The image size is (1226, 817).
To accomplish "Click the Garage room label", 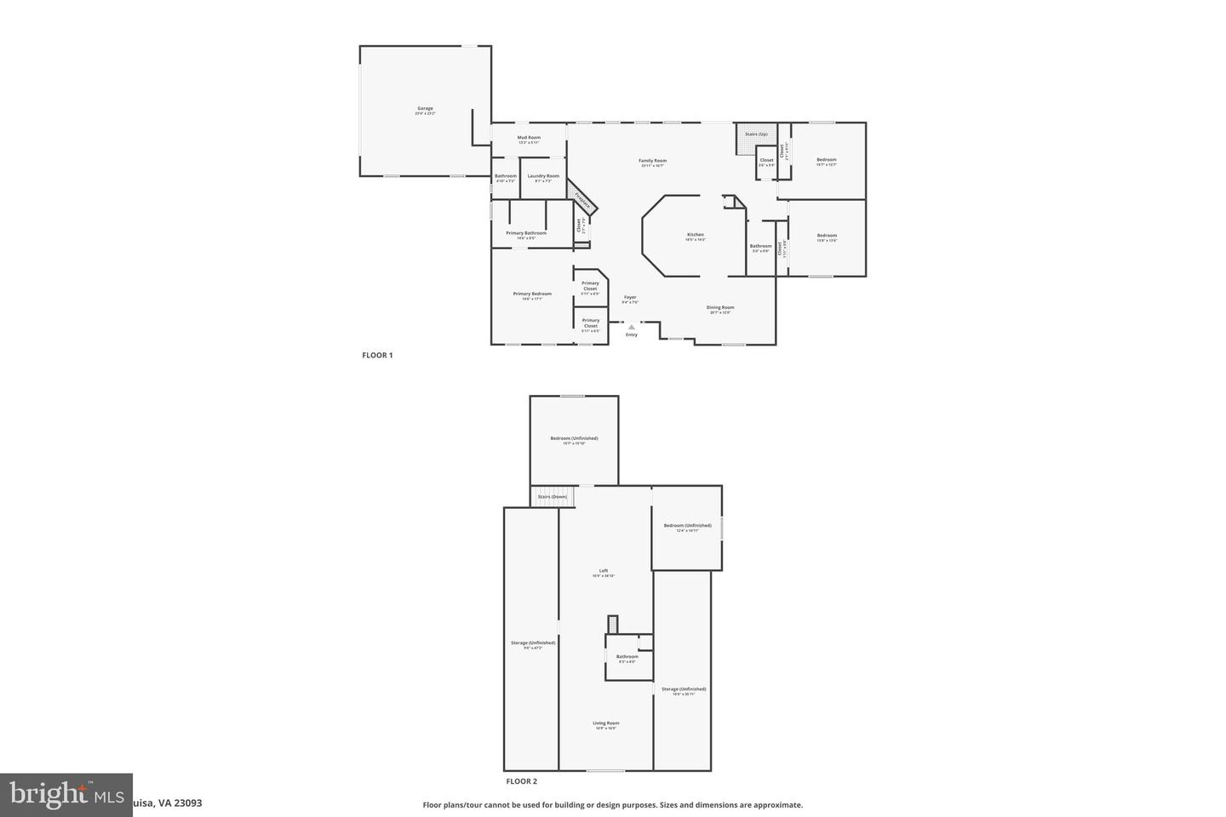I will click(x=425, y=109).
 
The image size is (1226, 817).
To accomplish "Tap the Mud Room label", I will click(x=529, y=138).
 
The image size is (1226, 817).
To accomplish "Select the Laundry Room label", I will click(x=543, y=176).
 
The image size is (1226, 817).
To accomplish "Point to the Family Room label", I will click(x=652, y=161).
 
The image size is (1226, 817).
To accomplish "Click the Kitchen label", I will click(x=696, y=235).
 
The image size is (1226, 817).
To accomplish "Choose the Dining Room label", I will click(x=720, y=308).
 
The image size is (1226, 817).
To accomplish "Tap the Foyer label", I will click(x=629, y=298).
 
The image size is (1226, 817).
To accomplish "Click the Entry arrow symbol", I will click(x=631, y=327).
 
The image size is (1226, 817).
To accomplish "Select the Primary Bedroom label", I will click(x=532, y=294).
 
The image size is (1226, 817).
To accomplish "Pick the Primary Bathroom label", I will click(x=526, y=233).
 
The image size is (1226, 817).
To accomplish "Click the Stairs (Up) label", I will click(x=756, y=134).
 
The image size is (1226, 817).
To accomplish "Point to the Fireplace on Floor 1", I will click(x=583, y=200).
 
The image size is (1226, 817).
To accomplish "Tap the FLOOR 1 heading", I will click(x=377, y=356).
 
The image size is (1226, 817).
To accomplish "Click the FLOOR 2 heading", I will click(x=521, y=781).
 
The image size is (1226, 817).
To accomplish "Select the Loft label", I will click(x=604, y=571).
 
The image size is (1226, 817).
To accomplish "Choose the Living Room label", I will click(x=605, y=723).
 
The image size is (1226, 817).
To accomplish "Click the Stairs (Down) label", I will click(x=552, y=496).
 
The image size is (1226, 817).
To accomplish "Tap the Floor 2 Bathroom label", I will click(x=627, y=656).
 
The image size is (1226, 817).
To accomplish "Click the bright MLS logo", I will click(x=66, y=795).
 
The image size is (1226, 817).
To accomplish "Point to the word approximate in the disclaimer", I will click(x=782, y=805).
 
